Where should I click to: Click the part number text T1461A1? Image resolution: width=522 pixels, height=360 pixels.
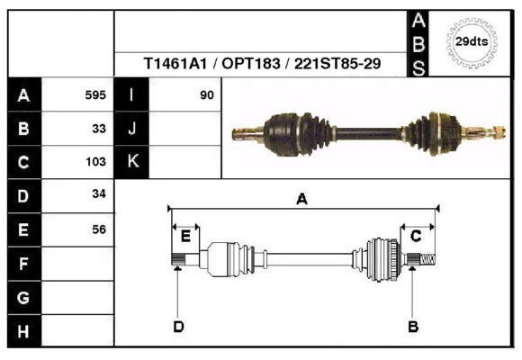pyautogui.click(x=173, y=65)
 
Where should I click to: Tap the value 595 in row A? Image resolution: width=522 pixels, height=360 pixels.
pyautogui.click(x=95, y=94)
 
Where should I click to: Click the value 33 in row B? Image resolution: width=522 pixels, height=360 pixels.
pyautogui.click(x=99, y=128)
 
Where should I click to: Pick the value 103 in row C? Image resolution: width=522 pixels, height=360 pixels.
pyautogui.click(x=95, y=162)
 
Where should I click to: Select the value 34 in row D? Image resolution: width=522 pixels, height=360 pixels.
pyautogui.click(x=99, y=194)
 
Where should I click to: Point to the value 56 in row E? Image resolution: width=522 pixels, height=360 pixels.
pyautogui.click(x=99, y=229)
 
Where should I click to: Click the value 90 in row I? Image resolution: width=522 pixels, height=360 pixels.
pyautogui.click(x=207, y=94)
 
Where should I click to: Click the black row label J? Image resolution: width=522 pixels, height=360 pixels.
pyautogui.click(x=131, y=128)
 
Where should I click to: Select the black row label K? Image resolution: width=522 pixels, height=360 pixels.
pyautogui.click(x=131, y=162)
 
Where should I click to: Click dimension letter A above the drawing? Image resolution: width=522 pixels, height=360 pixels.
pyautogui.click(x=302, y=200)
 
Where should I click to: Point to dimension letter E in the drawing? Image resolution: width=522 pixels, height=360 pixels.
pyautogui.click(x=185, y=237)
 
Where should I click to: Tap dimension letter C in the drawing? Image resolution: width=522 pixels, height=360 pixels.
pyautogui.click(x=416, y=237)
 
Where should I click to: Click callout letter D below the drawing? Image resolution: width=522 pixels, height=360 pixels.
pyautogui.click(x=178, y=326)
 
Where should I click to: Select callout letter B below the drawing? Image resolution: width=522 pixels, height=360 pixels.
pyautogui.click(x=413, y=326)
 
